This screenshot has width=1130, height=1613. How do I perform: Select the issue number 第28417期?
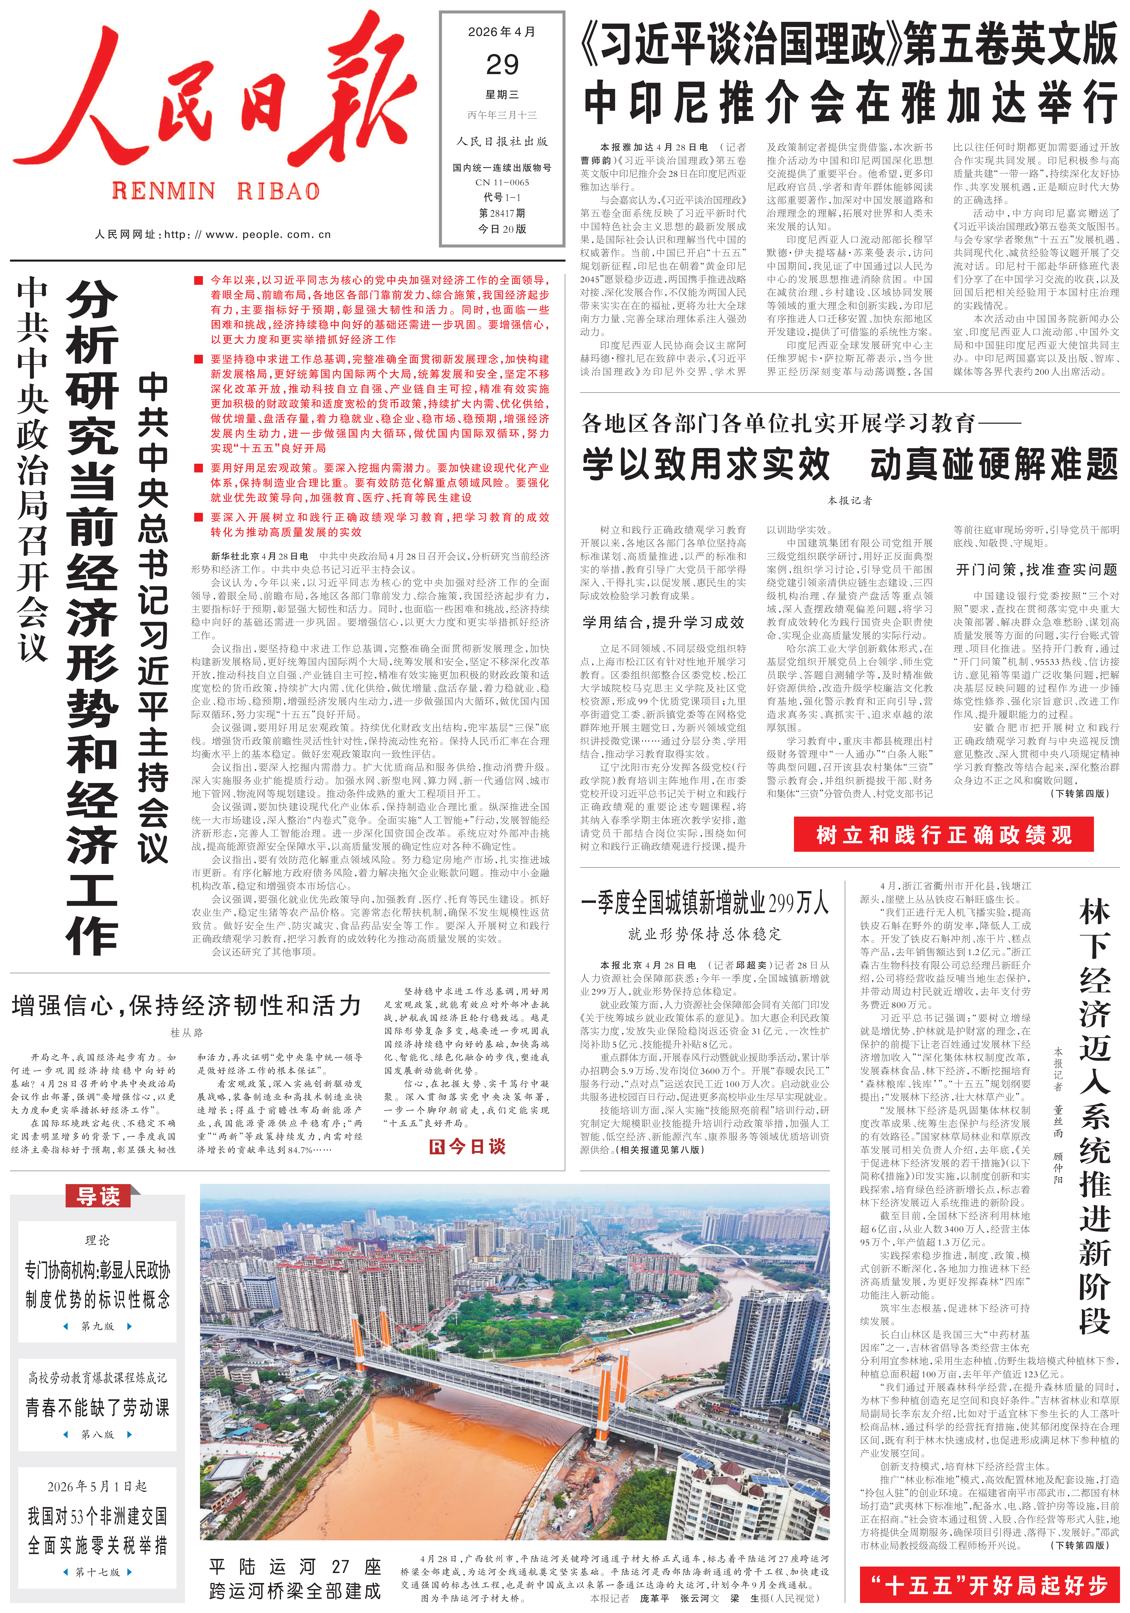(x=502, y=213)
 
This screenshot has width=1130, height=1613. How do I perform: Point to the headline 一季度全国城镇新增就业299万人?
(x=705, y=903)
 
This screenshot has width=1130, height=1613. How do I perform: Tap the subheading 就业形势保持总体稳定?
(x=705, y=934)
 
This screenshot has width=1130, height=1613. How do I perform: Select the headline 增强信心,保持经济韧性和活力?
(x=186, y=1006)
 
